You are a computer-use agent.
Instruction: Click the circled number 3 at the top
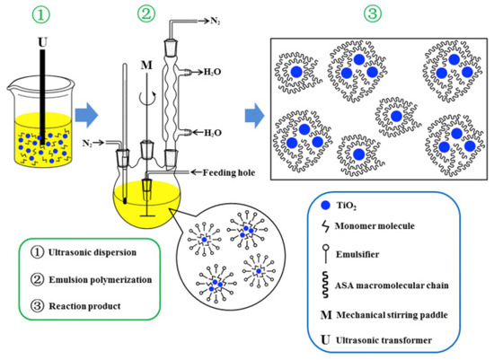tap(371, 14)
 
